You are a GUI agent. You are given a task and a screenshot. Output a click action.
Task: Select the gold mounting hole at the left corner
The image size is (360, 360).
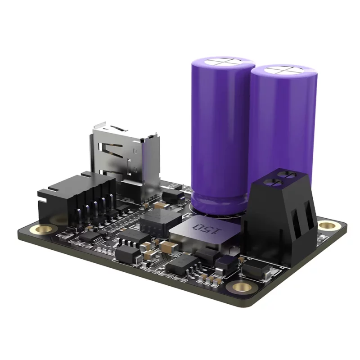pyautogui.click(x=35, y=229)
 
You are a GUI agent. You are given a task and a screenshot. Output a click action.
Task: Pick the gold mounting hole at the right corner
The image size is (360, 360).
pyautogui.click(x=327, y=225)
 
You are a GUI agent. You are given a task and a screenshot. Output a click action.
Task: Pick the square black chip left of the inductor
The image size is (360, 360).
pyautogui.click(x=156, y=221)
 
